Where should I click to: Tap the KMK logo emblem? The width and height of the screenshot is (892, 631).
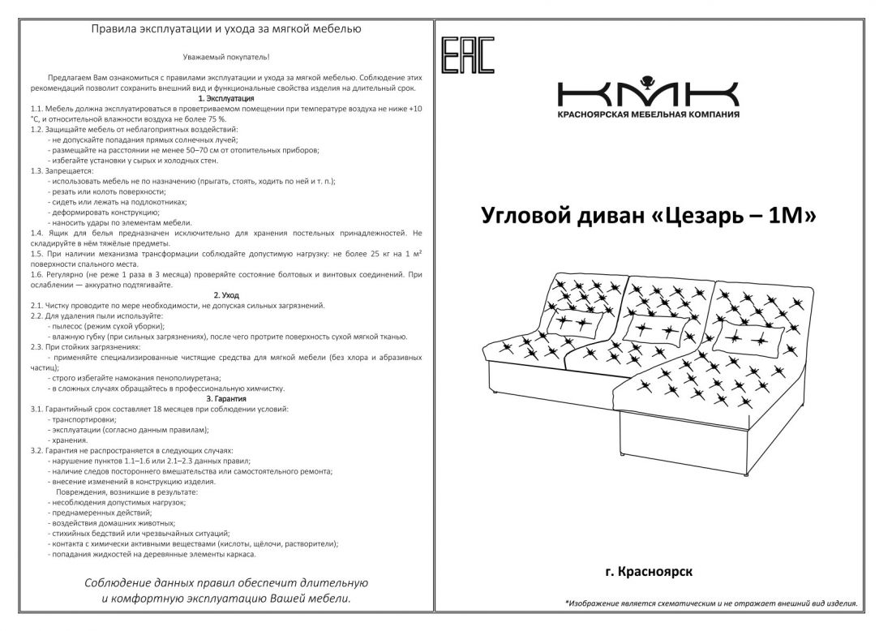click(647, 92)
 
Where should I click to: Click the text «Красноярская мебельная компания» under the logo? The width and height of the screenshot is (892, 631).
click(648, 115)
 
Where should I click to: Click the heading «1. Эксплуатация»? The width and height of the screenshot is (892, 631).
click(226, 98)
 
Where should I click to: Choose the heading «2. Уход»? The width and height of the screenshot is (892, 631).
click(226, 295)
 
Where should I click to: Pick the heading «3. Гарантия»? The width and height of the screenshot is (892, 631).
click(226, 398)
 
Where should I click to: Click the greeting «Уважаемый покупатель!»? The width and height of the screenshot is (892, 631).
click(226, 57)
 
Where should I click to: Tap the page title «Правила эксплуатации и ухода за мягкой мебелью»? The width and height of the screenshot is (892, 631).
click(226, 29)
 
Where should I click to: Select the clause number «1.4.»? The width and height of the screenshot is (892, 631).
click(37, 233)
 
